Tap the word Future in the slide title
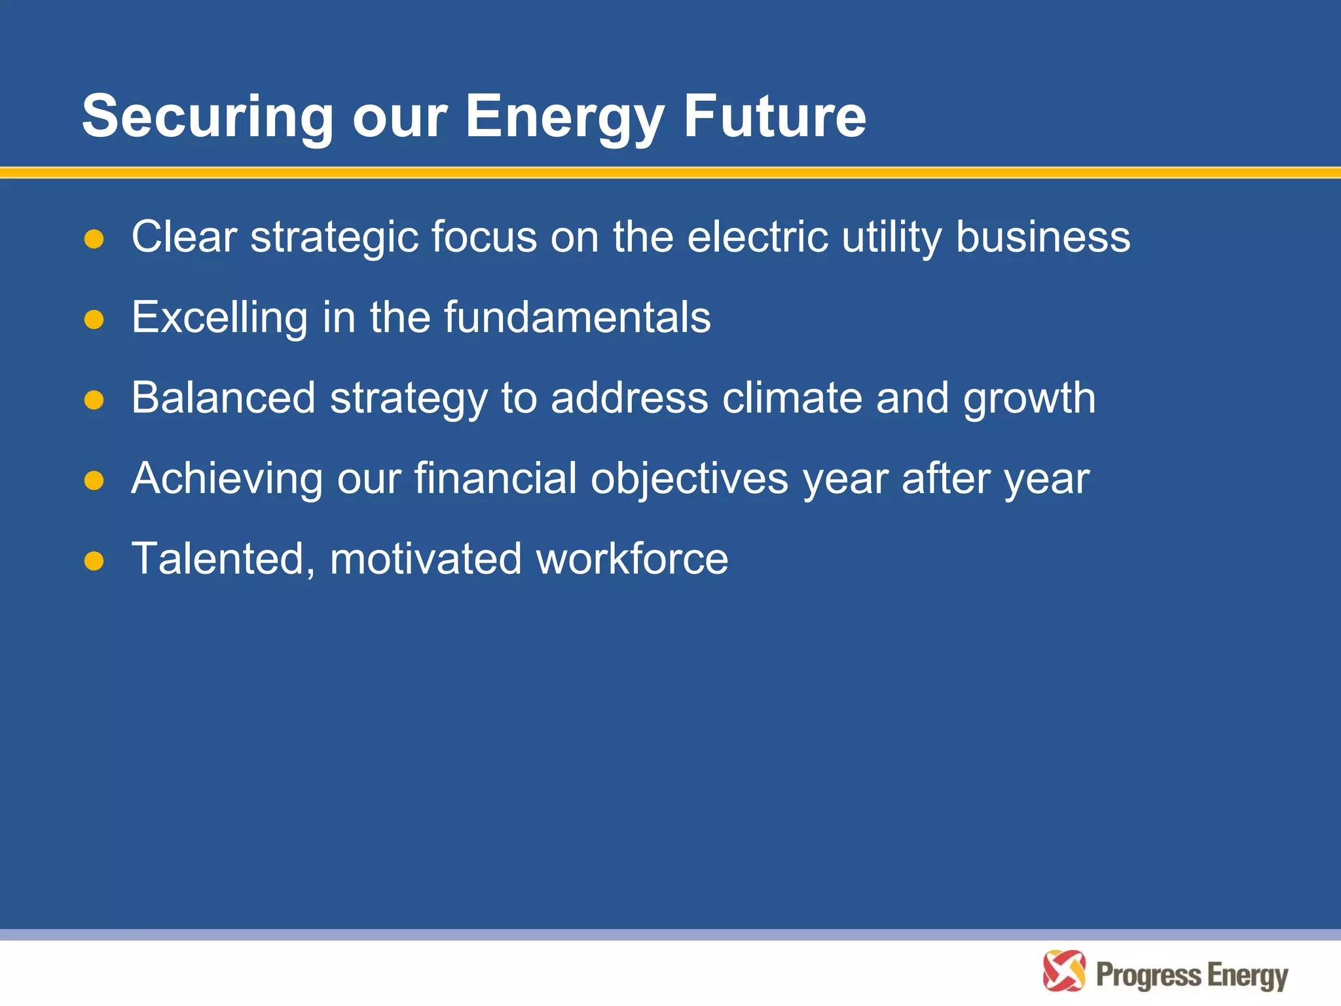775,117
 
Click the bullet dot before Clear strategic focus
94,238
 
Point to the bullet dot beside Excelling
94,319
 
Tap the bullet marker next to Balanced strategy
94,400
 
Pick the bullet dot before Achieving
94,480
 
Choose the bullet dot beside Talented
94,561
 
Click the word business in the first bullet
1042,236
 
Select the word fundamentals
578,318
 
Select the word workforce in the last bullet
632,559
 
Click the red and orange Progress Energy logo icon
1064,971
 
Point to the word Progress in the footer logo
1148,975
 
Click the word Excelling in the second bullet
219,318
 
